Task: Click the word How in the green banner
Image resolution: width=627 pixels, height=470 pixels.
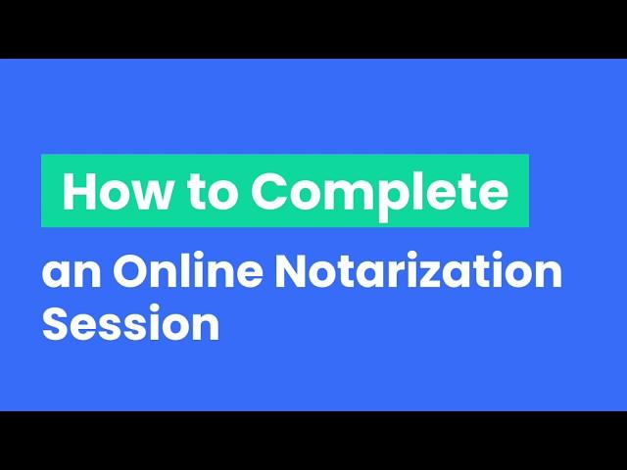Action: (x=116, y=191)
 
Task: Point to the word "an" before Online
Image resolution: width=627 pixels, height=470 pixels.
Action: (x=72, y=272)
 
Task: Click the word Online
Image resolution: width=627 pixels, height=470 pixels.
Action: (x=187, y=268)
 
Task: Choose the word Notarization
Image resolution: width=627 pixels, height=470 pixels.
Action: (x=418, y=268)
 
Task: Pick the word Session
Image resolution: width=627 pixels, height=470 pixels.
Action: (x=130, y=322)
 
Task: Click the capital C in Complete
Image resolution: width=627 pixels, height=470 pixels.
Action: (x=271, y=192)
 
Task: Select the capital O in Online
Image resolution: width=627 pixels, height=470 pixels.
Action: (x=133, y=269)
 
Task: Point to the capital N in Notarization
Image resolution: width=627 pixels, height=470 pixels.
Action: (x=293, y=269)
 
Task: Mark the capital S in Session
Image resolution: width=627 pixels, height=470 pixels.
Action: (x=57, y=322)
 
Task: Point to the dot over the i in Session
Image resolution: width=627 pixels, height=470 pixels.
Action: (x=157, y=308)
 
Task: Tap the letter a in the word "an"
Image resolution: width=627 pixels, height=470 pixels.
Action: (x=56, y=273)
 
